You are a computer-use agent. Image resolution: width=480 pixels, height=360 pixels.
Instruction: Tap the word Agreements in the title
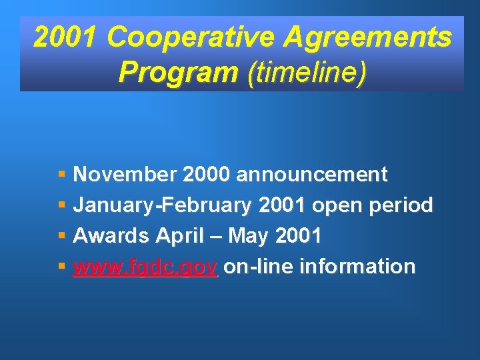pos(367,38)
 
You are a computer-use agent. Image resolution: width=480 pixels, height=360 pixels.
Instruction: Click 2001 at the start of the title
pos(66,38)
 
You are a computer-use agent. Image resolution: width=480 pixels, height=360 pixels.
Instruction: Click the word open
pos(329,205)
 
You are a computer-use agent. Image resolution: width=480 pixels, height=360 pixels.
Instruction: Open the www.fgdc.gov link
pos(145,267)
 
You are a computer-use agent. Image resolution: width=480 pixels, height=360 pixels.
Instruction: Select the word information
pos(358,267)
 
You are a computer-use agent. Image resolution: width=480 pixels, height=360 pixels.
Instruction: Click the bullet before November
pos(61,175)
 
